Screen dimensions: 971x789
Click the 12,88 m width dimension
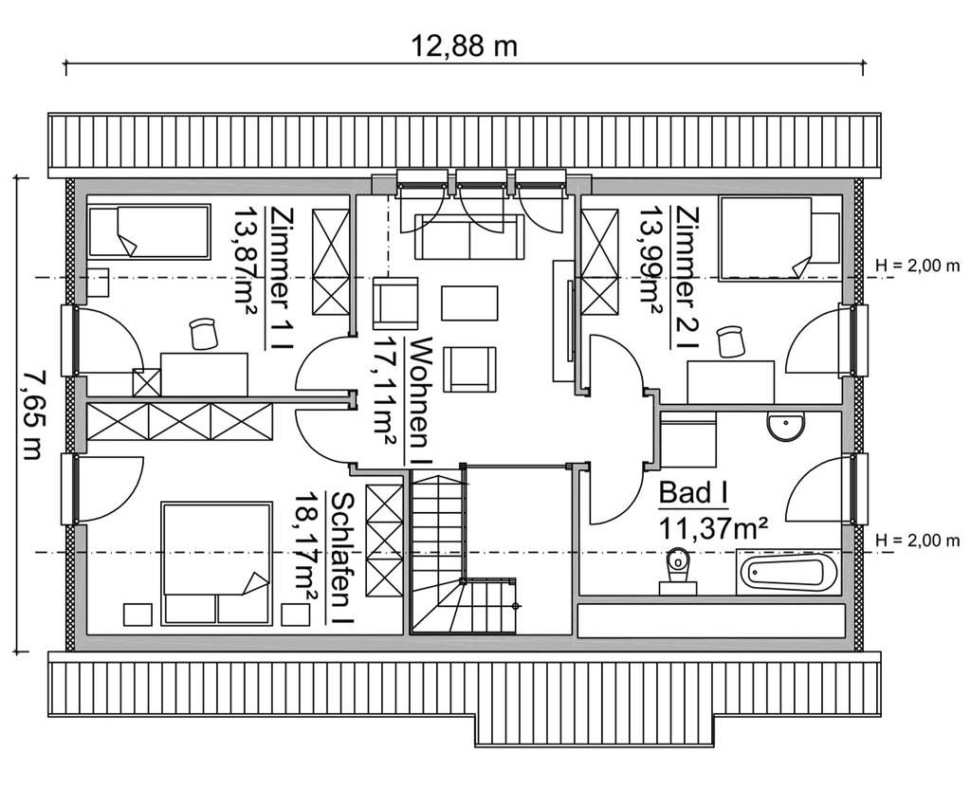pyautogui.click(x=465, y=46)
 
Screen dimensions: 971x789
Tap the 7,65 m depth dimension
pyautogui.click(x=31, y=415)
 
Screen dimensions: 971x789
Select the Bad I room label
pyautogui.click(x=693, y=493)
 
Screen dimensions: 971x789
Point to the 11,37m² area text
pyautogui.click(x=713, y=528)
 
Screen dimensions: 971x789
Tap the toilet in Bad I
pyautogui.click(x=677, y=571)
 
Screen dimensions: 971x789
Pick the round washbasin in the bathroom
pyautogui.click(x=786, y=426)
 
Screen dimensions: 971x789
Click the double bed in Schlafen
pyautogui.click(x=217, y=563)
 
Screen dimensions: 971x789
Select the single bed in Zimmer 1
pyautogui.click(x=149, y=231)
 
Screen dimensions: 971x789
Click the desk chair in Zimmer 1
pyautogui.click(x=204, y=333)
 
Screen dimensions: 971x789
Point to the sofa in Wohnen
pyautogui.click(x=469, y=236)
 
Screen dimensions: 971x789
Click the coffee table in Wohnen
pyautogui.click(x=469, y=303)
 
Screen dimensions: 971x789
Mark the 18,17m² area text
pyautogui.click(x=305, y=545)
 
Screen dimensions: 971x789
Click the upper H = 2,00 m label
pyautogui.click(x=918, y=266)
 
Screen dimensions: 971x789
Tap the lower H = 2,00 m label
pyautogui.click(x=918, y=540)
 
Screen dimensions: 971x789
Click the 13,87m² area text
pyautogui.click(x=244, y=260)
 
